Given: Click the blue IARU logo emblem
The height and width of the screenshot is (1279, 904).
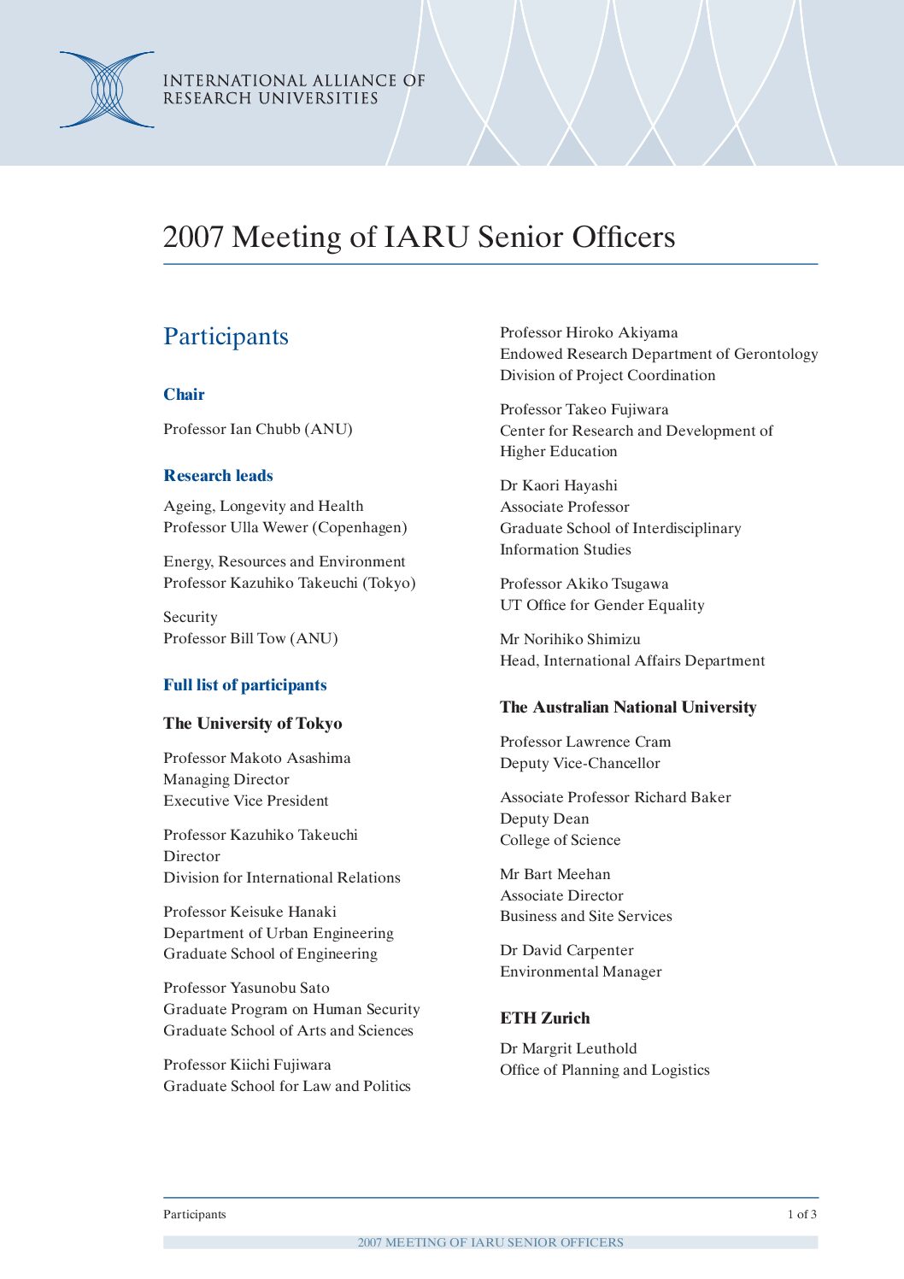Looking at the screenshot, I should point(107,90).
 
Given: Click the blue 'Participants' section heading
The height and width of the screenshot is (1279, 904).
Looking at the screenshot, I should point(226,337).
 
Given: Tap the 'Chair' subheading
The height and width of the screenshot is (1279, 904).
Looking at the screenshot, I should point(184,395).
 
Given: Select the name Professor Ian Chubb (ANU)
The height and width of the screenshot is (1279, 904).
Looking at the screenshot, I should point(258,429).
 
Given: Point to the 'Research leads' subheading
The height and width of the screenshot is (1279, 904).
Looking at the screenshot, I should point(218,476).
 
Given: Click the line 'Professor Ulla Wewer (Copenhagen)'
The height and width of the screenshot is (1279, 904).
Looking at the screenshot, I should point(285,527).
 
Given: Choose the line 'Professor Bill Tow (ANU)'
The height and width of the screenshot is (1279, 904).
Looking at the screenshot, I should point(250,638).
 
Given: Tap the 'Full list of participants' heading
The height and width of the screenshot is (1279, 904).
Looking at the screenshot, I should point(244,685).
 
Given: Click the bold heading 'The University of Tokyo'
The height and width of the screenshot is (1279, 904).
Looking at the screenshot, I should point(252,724).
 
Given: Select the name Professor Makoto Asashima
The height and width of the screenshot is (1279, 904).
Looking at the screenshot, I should point(256,758).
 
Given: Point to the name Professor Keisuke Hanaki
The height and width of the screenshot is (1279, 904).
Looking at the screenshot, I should point(249,912).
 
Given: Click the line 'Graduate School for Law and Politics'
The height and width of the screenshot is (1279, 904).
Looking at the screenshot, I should point(287,1086).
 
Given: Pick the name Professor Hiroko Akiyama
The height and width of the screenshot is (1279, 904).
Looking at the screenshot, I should point(589,332).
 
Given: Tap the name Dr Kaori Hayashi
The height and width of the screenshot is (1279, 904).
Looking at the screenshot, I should point(558,485).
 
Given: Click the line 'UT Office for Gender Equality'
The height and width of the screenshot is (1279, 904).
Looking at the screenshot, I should point(602,605).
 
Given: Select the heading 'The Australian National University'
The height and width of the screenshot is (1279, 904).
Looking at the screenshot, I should point(628,707).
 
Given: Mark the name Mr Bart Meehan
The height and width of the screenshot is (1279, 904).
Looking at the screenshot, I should point(555,874).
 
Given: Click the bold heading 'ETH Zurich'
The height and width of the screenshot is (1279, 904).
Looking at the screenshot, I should point(544,1018).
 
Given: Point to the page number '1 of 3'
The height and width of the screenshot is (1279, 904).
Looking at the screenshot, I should point(801,1214).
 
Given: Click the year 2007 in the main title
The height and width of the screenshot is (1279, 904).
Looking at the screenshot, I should point(193,237).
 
